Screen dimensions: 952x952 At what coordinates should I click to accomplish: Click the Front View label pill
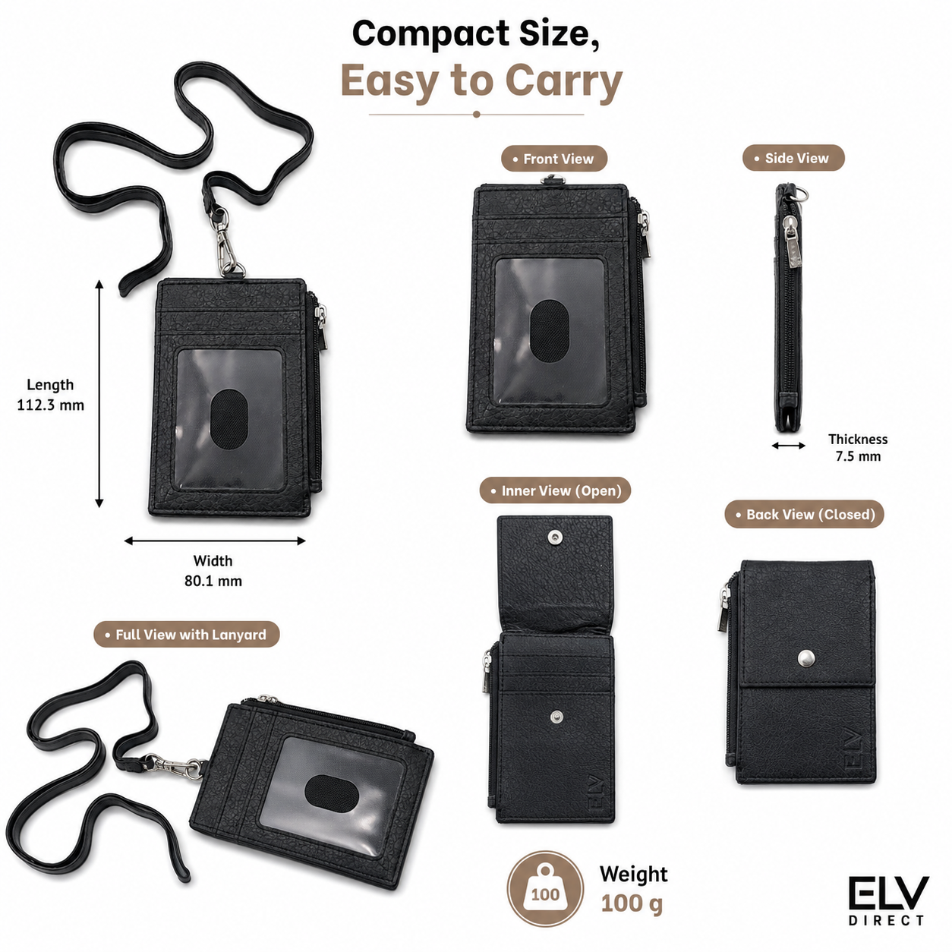553,159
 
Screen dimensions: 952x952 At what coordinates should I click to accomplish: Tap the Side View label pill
793,158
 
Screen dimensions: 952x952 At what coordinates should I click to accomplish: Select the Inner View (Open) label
555,490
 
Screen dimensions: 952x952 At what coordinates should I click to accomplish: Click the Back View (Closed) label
804,514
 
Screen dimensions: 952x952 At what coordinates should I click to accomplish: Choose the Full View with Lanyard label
186,635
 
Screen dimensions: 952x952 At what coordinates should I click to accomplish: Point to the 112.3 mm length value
50,405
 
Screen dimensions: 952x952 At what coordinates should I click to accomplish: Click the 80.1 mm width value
213,581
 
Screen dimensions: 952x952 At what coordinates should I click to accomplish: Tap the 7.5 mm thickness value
858,456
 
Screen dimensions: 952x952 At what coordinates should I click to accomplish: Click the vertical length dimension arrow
99,393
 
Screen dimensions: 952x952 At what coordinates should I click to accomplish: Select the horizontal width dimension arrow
215,541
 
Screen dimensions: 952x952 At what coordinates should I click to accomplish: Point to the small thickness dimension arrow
789,446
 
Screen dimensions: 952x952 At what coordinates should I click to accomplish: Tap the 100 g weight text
632,903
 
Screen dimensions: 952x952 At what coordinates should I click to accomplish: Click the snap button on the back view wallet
806,657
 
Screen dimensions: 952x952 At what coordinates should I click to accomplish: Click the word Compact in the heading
430,35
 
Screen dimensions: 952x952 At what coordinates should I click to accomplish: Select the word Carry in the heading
564,82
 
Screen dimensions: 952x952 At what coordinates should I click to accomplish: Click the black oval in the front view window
548,330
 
